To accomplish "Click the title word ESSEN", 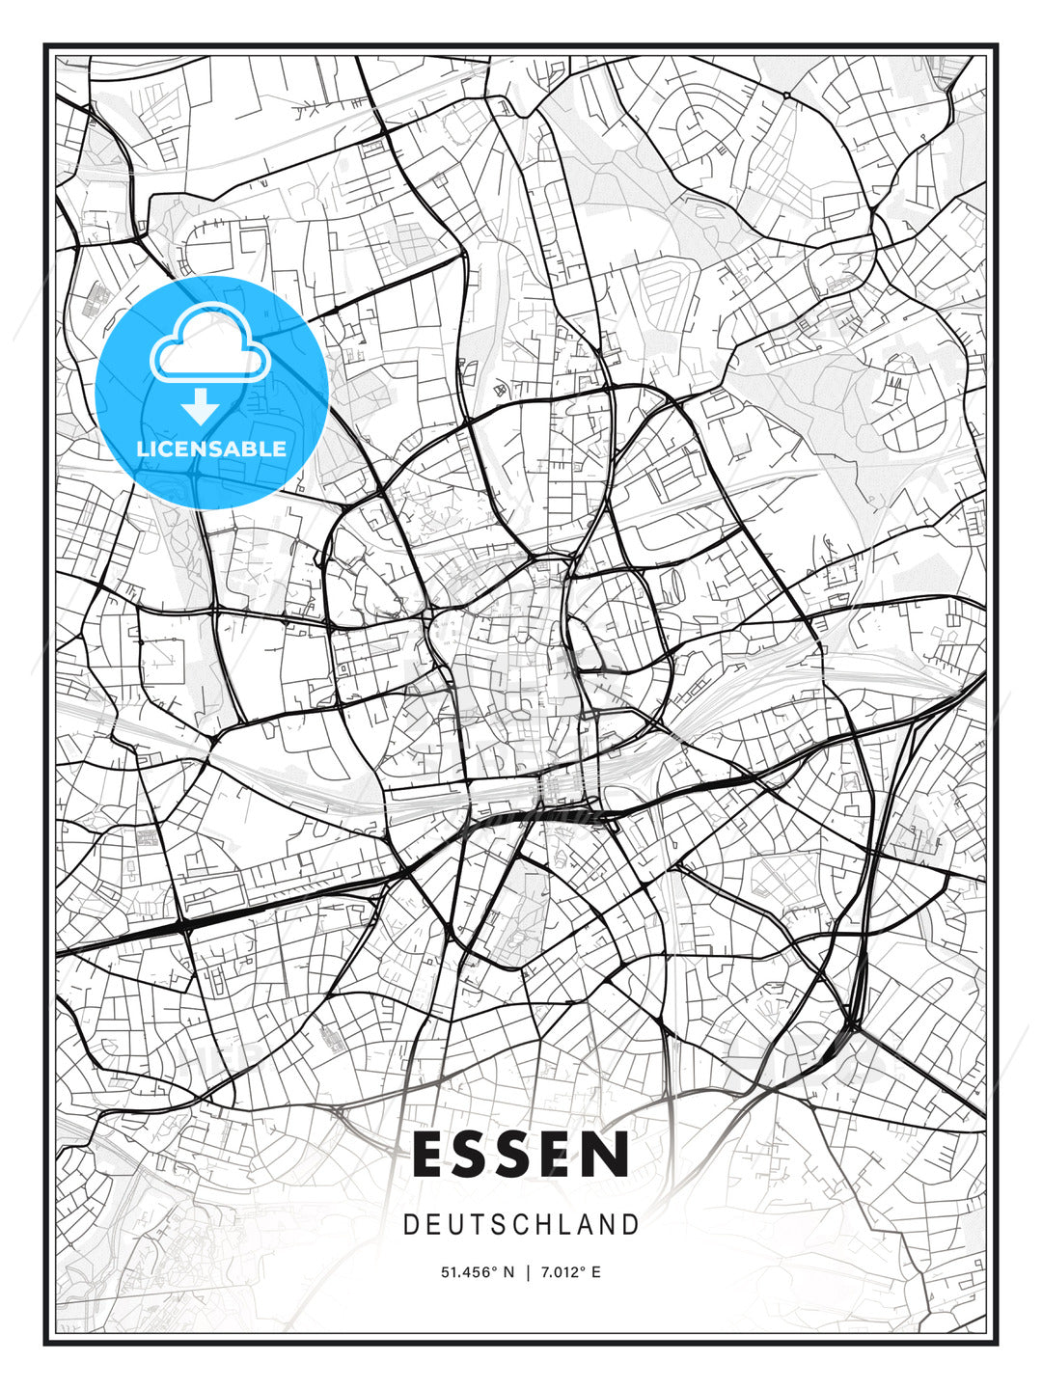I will click(x=521, y=1155).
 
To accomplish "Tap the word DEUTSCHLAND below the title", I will click(x=521, y=1225).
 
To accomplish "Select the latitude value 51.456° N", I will click(x=478, y=1272).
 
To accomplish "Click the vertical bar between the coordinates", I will click(x=528, y=1272).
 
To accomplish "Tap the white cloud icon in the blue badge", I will click(x=209, y=346).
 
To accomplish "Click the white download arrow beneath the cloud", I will click(x=201, y=407).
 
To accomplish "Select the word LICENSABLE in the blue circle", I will click(x=211, y=449).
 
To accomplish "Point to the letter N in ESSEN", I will click(x=606, y=1155).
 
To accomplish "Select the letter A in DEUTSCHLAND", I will click(x=584, y=1225).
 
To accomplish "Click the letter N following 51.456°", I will click(x=508, y=1272).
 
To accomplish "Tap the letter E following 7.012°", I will click(x=596, y=1272).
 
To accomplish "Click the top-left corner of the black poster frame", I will click(x=44, y=44).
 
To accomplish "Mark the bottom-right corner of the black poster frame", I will click(x=997, y=1344).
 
